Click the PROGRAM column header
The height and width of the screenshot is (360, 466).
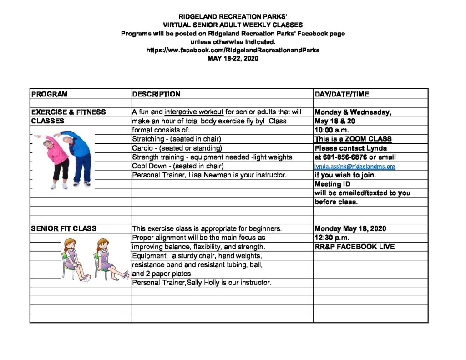click(x=49, y=94)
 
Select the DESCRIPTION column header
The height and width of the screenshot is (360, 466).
click(x=156, y=94)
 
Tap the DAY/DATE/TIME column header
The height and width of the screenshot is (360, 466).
click(x=341, y=94)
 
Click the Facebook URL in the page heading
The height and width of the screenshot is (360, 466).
click(x=233, y=50)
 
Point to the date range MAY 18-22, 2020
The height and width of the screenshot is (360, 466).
click(x=233, y=58)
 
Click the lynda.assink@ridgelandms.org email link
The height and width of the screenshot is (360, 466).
click(x=355, y=166)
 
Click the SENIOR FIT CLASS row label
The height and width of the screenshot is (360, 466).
click(x=64, y=228)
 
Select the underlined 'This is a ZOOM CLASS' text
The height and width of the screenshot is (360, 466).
click(x=353, y=139)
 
